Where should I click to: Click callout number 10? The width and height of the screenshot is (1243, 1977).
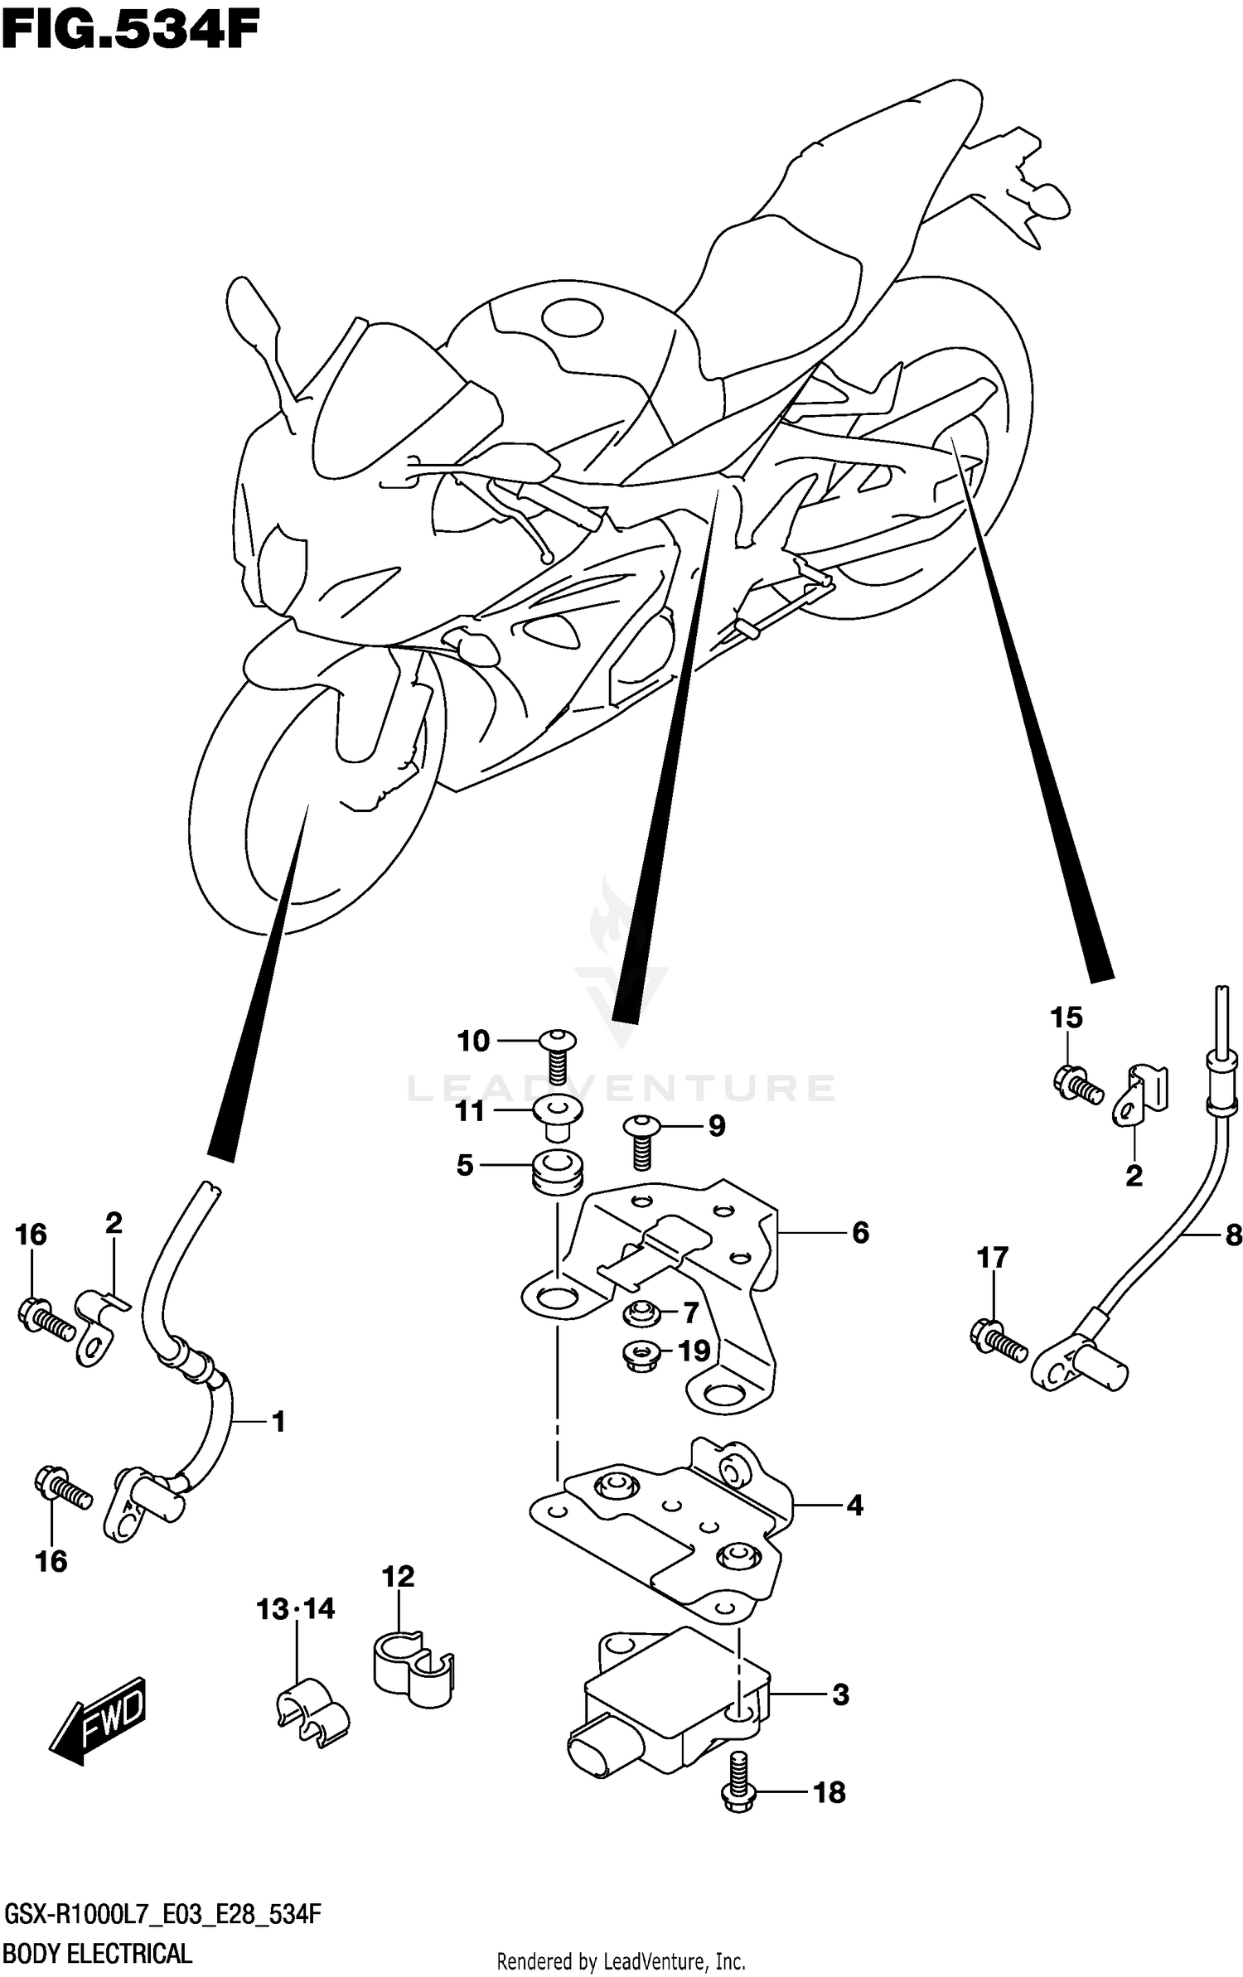(x=473, y=1041)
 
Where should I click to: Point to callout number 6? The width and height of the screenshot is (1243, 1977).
(x=860, y=1233)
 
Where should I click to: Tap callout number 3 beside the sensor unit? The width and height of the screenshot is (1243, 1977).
(x=839, y=1694)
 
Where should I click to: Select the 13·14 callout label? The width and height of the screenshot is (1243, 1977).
(x=295, y=1609)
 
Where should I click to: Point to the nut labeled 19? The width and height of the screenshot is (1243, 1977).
(x=640, y=1356)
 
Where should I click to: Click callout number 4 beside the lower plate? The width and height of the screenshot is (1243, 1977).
(x=854, y=1505)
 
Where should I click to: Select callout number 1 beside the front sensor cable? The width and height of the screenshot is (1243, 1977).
(x=278, y=1422)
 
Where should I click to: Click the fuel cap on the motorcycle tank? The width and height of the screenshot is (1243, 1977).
(x=572, y=317)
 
